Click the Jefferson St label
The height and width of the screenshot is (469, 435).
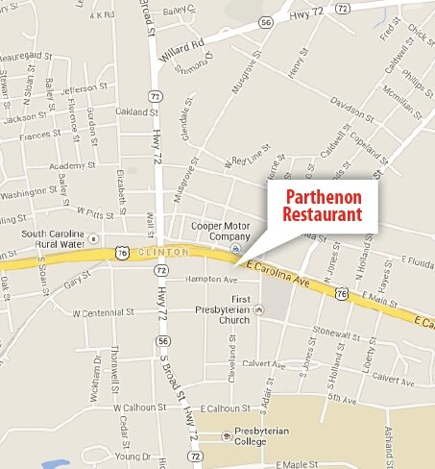pos(80,90)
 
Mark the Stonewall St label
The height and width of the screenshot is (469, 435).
pos(340,338)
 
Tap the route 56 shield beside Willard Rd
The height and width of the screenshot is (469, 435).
pos(265,20)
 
